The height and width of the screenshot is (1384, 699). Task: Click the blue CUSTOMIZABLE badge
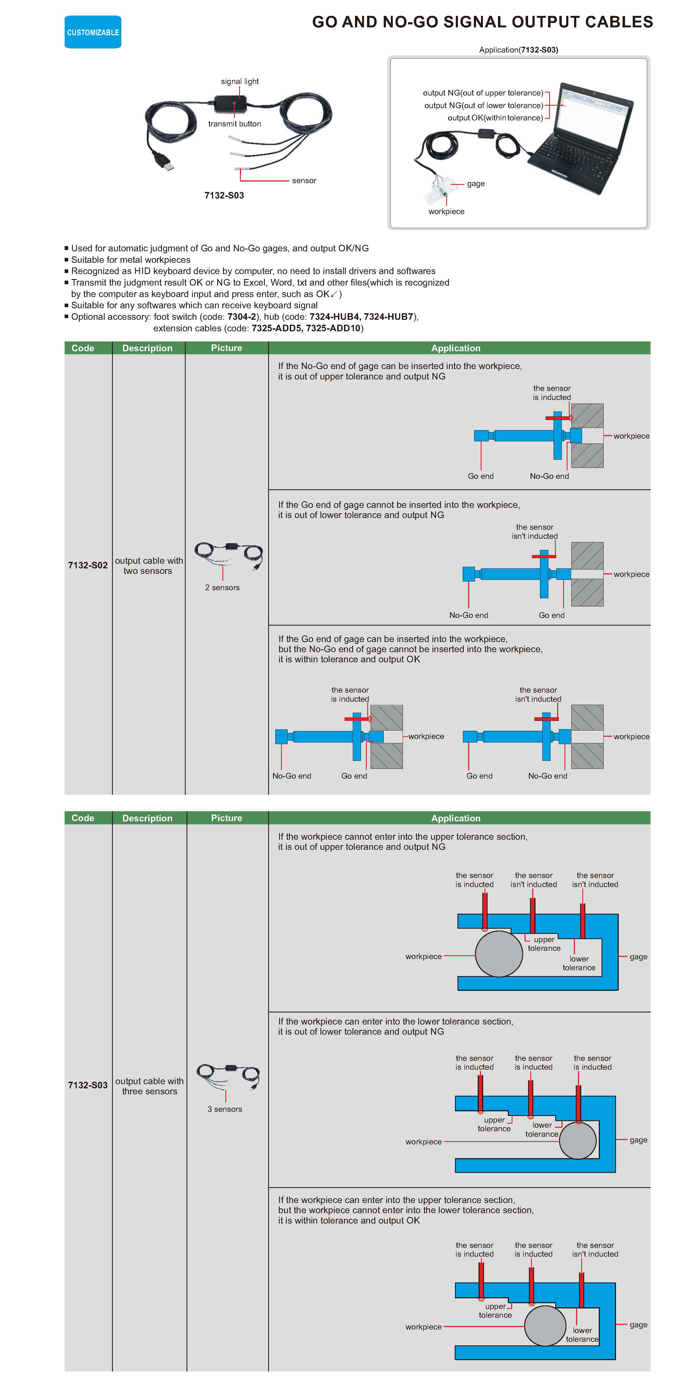(x=93, y=32)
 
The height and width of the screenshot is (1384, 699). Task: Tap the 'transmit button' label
(x=234, y=123)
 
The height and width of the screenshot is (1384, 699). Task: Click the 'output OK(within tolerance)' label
(x=495, y=118)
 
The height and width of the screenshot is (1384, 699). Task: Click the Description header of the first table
(x=147, y=348)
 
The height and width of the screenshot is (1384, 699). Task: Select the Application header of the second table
(x=456, y=818)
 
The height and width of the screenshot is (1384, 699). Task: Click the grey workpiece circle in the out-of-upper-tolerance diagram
(x=499, y=954)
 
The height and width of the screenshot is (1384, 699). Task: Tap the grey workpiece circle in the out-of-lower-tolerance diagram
(x=577, y=1140)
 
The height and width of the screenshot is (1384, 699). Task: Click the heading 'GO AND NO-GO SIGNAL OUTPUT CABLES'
(x=482, y=22)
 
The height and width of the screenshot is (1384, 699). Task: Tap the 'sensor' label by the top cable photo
(x=304, y=180)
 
